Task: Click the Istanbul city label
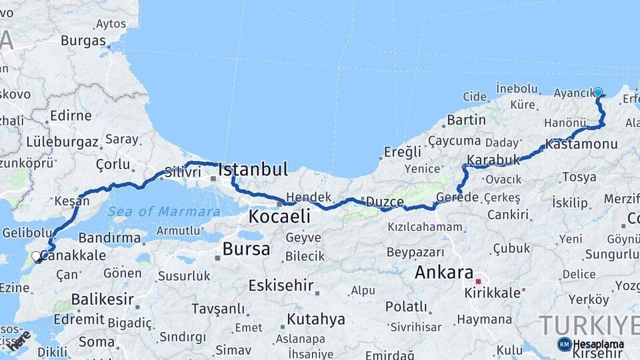253,169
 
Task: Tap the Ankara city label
443,272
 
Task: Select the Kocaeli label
279,216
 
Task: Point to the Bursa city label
246,249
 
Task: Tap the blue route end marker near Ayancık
598,93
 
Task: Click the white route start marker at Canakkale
36,256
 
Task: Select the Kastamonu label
581,144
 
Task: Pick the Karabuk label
493,160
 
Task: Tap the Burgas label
83,40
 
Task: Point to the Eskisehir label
281,285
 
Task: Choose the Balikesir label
99,298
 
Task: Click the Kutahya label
315,319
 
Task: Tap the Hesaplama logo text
598,344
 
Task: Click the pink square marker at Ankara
478,281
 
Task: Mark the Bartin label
467,120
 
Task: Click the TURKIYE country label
587,325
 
